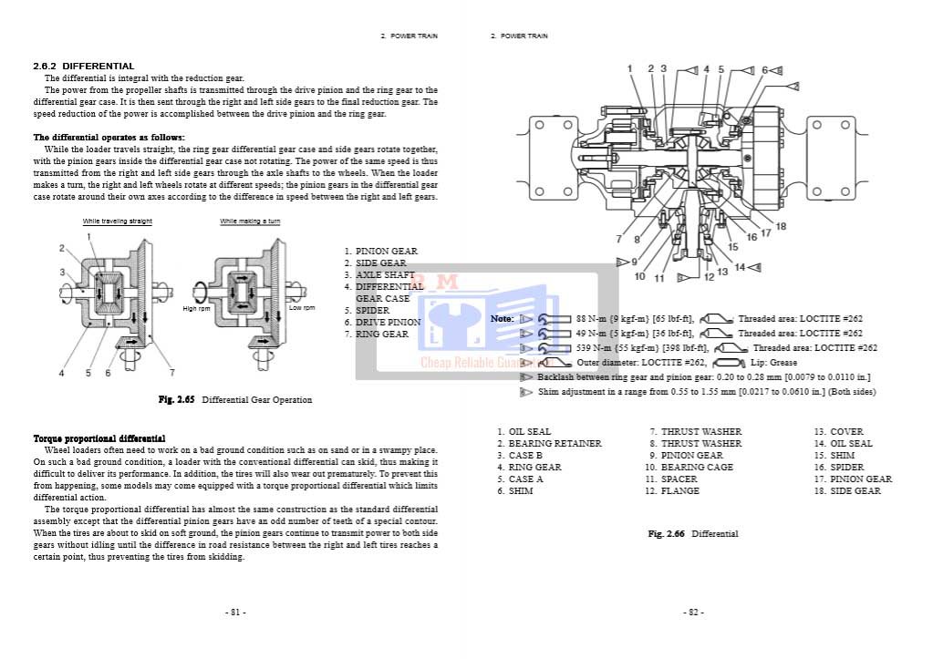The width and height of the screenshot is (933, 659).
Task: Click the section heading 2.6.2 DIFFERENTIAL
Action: click(x=83, y=66)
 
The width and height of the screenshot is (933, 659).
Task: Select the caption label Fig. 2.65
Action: click(x=178, y=399)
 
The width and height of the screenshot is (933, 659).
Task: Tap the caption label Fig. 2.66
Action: click(x=667, y=533)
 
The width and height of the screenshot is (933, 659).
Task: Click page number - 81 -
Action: click(x=234, y=613)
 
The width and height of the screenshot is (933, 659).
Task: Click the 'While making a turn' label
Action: click(x=250, y=221)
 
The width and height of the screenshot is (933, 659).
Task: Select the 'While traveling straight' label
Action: click(x=118, y=221)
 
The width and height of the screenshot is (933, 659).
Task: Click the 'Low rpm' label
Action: click(x=302, y=308)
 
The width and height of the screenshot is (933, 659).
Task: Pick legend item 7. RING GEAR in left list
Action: click(x=376, y=335)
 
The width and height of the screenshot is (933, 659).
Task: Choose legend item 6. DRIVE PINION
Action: click(x=382, y=323)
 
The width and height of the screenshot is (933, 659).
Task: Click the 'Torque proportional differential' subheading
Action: click(x=99, y=439)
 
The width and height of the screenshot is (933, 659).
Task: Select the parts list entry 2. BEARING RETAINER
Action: click(x=549, y=444)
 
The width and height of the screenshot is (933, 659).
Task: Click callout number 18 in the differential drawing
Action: click(x=781, y=226)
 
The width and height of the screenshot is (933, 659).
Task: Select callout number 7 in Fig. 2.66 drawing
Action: click(x=618, y=239)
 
